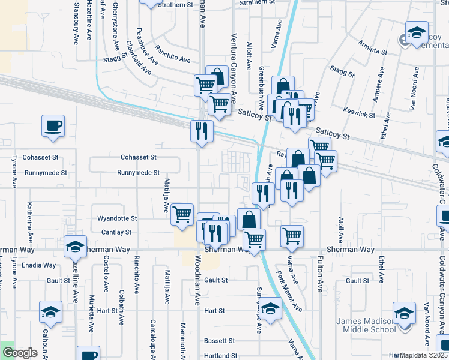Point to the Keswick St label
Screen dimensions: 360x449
click(x=359, y=112)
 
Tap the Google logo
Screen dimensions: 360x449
click(x=19, y=353)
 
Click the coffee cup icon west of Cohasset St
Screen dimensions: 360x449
click(x=53, y=127)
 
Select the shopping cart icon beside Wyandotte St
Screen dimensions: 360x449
click(x=182, y=214)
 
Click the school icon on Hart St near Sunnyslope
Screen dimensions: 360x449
click(x=271, y=310)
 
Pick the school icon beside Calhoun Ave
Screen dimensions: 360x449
click(x=51, y=312)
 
